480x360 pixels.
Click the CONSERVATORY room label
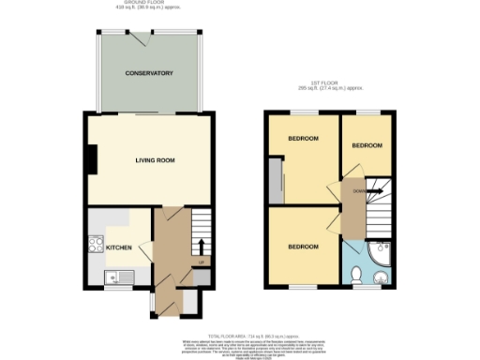(150, 72)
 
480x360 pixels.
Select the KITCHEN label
(118, 247)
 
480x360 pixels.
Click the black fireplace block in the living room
(91, 161)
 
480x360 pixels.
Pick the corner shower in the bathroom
(381, 255)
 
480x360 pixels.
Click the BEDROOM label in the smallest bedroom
(367, 145)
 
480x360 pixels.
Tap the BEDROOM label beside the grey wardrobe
(302, 139)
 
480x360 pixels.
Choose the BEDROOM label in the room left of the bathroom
(302, 247)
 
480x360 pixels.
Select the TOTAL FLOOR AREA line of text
(256, 334)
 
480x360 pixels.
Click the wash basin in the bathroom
(381, 277)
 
